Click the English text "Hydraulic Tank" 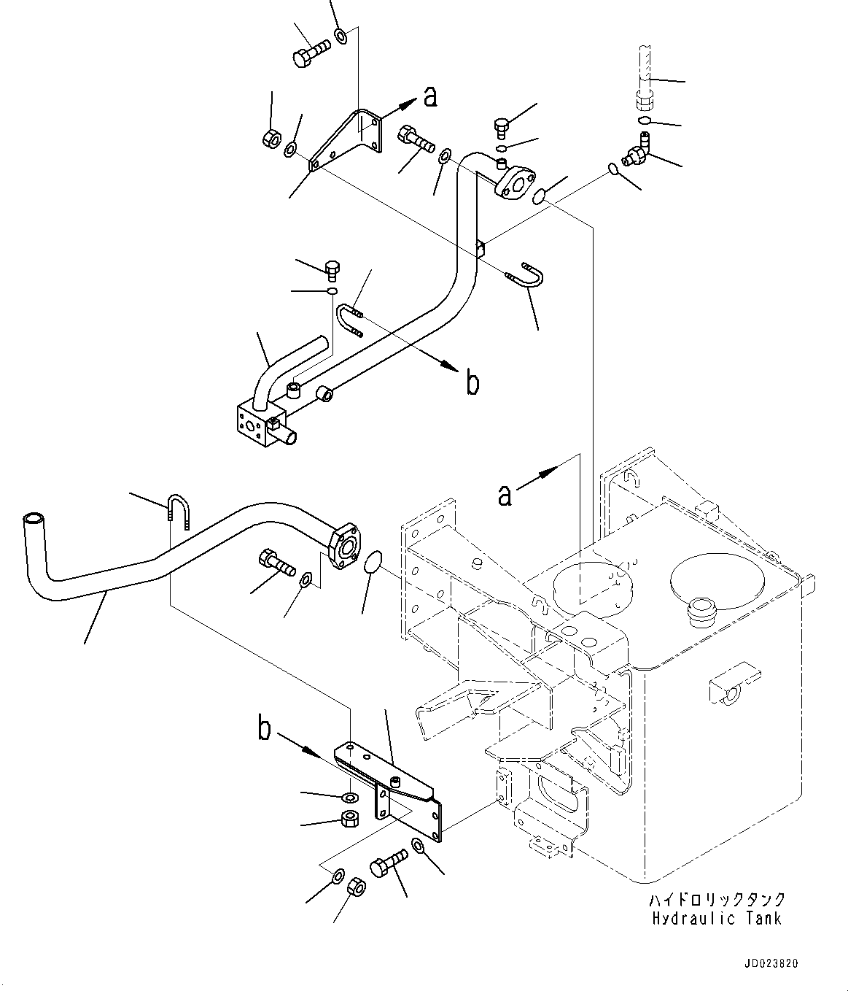click(x=717, y=919)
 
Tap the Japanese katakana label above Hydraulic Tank click(x=717, y=900)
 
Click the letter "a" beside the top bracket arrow click(x=430, y=96)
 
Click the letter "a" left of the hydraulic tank click(x=505, y=494)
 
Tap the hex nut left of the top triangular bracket click(x=269, y=137)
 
